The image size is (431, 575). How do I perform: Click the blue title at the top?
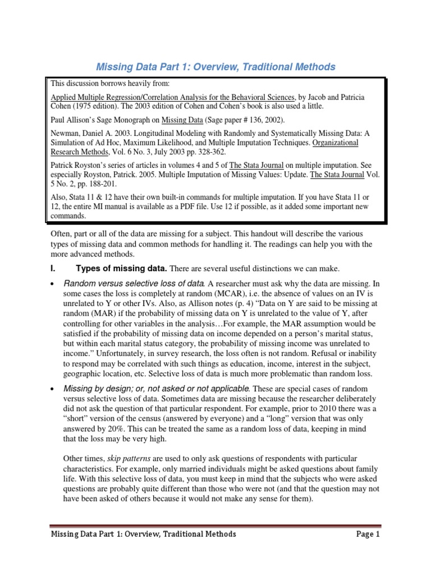tap(216, 67)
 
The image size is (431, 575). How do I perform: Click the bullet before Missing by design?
tap(53, 389)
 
